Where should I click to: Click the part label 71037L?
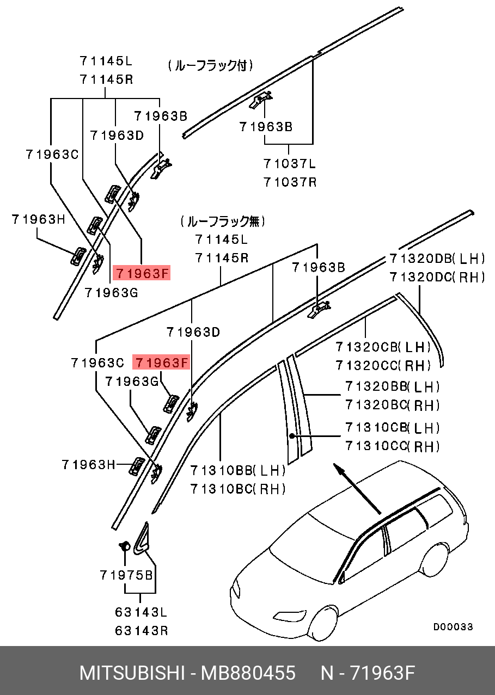coord(290,163)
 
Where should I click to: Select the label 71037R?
coord(290,182)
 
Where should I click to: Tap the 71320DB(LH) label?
coord(437,259)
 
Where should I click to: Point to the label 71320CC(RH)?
coord(383,365)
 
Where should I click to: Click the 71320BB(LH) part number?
coord(392,386)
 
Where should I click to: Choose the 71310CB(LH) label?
coord(392,428)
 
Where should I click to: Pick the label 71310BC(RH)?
coord(238,489)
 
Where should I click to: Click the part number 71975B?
coord(126,575)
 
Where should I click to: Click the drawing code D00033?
coord(453,627)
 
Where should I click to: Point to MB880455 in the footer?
coord(248,673)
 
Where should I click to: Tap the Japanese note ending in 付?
coord(210,66)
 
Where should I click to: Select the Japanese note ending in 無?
coord(223,222)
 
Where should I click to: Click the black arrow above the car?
coord(357,488)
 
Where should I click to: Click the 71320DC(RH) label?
coord(437,277)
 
